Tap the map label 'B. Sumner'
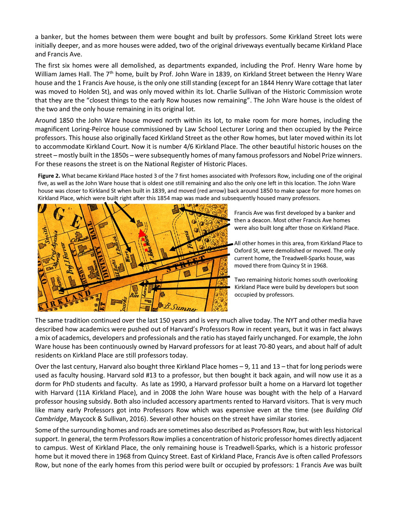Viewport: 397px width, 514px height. [180, 307]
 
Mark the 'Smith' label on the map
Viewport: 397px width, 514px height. [44, 236]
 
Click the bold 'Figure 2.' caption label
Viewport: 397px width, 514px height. [49, 176]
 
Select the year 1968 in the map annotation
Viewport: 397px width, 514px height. [320, 266]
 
